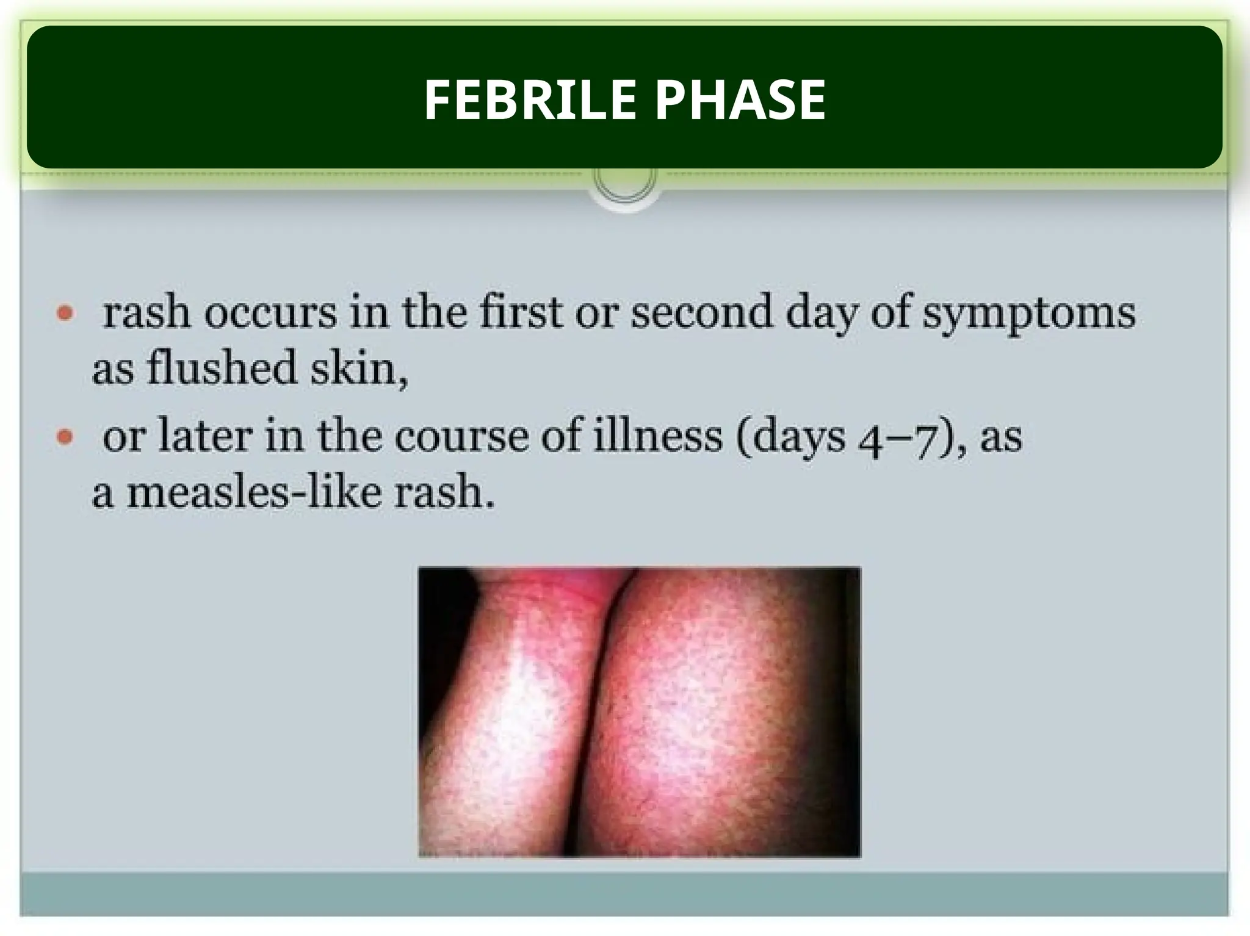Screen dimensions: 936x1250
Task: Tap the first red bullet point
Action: coord(65,314)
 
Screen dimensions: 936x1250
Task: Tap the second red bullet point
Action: coord(65,437)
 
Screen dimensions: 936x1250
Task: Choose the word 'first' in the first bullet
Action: coord(521,312)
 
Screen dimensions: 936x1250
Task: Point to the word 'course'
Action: coord(461,437)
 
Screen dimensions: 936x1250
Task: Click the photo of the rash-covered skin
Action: coord(639,711)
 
